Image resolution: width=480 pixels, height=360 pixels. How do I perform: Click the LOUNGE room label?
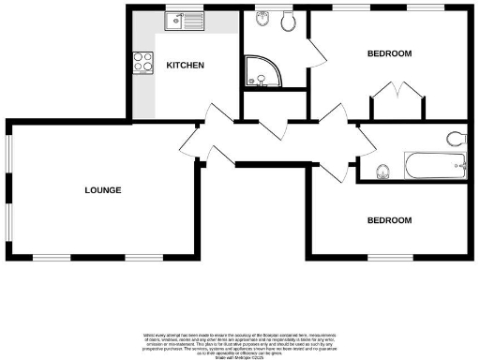103,190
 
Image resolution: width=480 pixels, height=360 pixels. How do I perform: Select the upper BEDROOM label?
389,53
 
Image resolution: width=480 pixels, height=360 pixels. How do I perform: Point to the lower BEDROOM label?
389,220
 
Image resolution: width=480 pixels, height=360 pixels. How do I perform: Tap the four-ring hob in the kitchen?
144,63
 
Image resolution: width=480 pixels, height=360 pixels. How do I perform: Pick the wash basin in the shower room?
261,20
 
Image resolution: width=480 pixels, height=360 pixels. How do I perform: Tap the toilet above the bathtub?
457,139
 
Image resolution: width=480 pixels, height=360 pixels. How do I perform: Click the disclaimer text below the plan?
240,343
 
